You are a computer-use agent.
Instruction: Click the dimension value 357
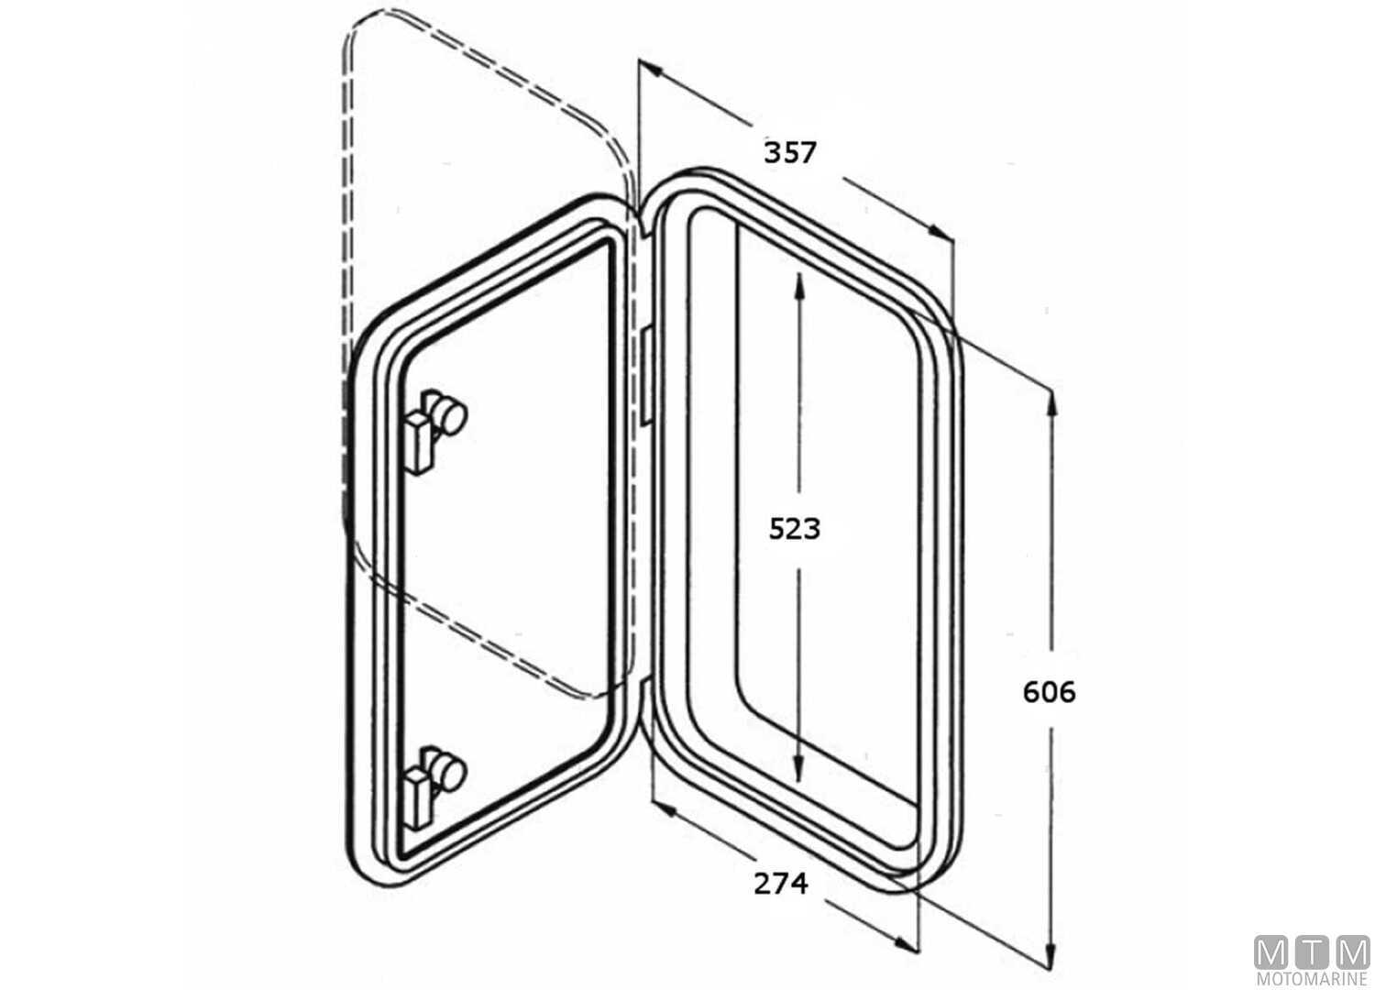(789, 152)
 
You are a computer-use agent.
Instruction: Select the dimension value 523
(794, 529)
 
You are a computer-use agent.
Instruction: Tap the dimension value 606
(1049, 691)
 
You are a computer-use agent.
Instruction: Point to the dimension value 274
(781, 883)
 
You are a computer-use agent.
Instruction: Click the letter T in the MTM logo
(1312, 953)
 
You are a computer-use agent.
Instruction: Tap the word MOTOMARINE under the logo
(1312, 980)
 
